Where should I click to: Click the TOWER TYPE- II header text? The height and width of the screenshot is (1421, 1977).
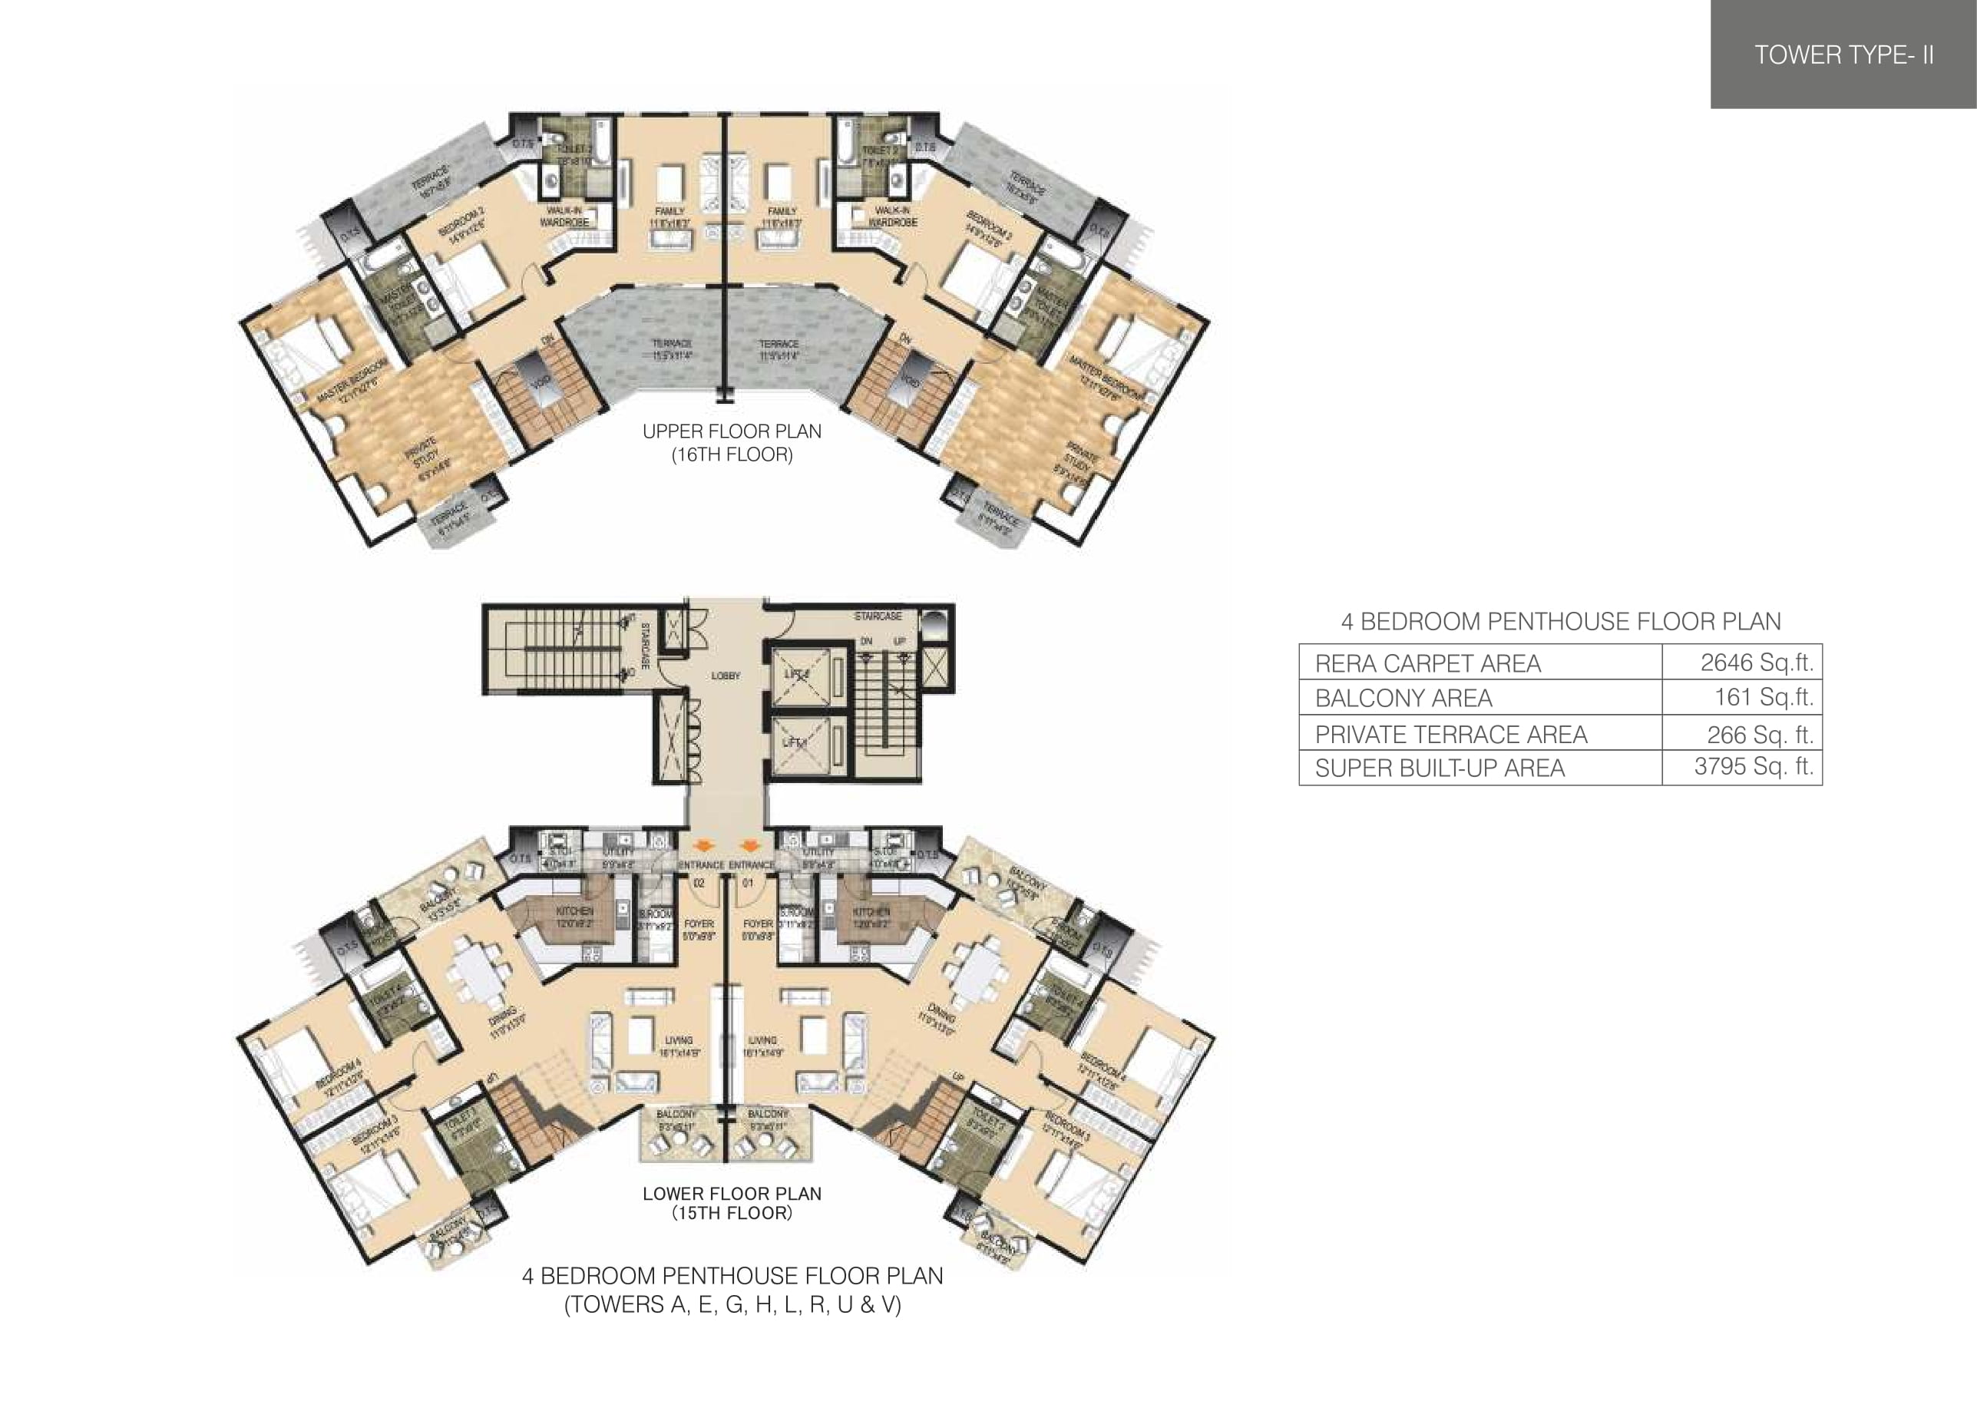click(1843, 55)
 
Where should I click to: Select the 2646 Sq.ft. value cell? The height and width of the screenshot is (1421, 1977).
click(1757, 663)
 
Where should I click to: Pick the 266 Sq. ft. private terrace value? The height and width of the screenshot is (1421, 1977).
click(1760, 735)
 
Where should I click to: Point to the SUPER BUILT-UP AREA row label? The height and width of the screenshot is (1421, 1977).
click(1439, 768)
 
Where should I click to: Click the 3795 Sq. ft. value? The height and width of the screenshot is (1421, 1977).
click(1753, 766)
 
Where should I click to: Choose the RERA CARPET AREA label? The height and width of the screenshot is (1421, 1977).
click(1427, 663)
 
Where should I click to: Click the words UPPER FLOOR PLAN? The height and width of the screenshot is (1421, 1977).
click(732, 431)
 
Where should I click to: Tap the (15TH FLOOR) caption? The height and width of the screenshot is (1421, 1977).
click(732, 1214)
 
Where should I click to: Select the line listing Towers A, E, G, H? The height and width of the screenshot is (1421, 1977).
click(732, 1305)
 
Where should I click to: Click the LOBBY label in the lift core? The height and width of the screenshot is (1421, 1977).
click(726, 676)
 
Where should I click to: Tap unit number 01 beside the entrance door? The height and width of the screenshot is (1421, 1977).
click(748, 883)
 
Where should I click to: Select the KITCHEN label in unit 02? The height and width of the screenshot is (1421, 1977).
click(574, 911)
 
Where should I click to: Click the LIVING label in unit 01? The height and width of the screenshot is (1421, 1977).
click(762, 1041)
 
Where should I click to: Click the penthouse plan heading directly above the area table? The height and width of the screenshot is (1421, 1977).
click(1560, 622)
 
